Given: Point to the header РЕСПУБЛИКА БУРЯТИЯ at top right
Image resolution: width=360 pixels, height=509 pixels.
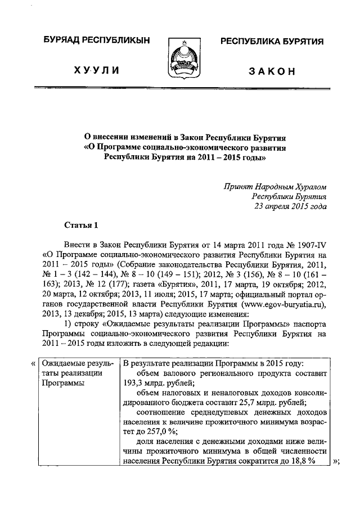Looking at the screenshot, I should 271,41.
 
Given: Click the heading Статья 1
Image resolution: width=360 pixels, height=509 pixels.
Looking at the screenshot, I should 82,226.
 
